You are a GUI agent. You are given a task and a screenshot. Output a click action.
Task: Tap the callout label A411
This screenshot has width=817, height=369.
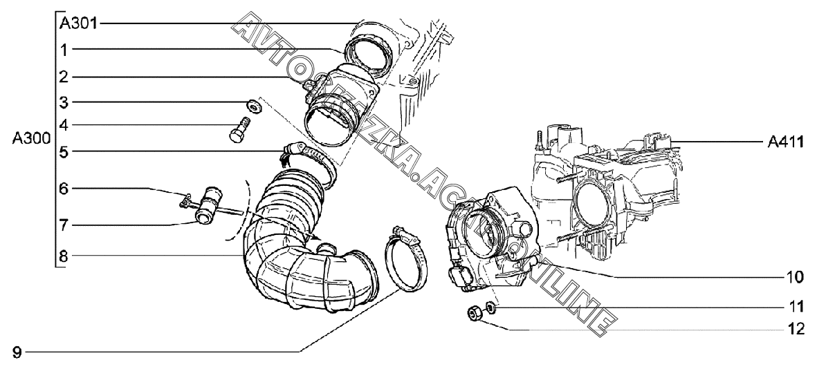point(784,142)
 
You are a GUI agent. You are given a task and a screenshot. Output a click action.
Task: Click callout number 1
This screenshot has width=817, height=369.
point(64,50)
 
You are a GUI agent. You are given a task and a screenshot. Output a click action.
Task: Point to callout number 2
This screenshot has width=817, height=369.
point(64,77)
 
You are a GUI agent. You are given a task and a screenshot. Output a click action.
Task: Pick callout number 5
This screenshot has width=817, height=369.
point(64,152)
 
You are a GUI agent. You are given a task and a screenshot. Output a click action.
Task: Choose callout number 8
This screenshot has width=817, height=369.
point(64,256)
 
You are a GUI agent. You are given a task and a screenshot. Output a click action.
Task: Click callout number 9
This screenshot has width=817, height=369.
point(17,353)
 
